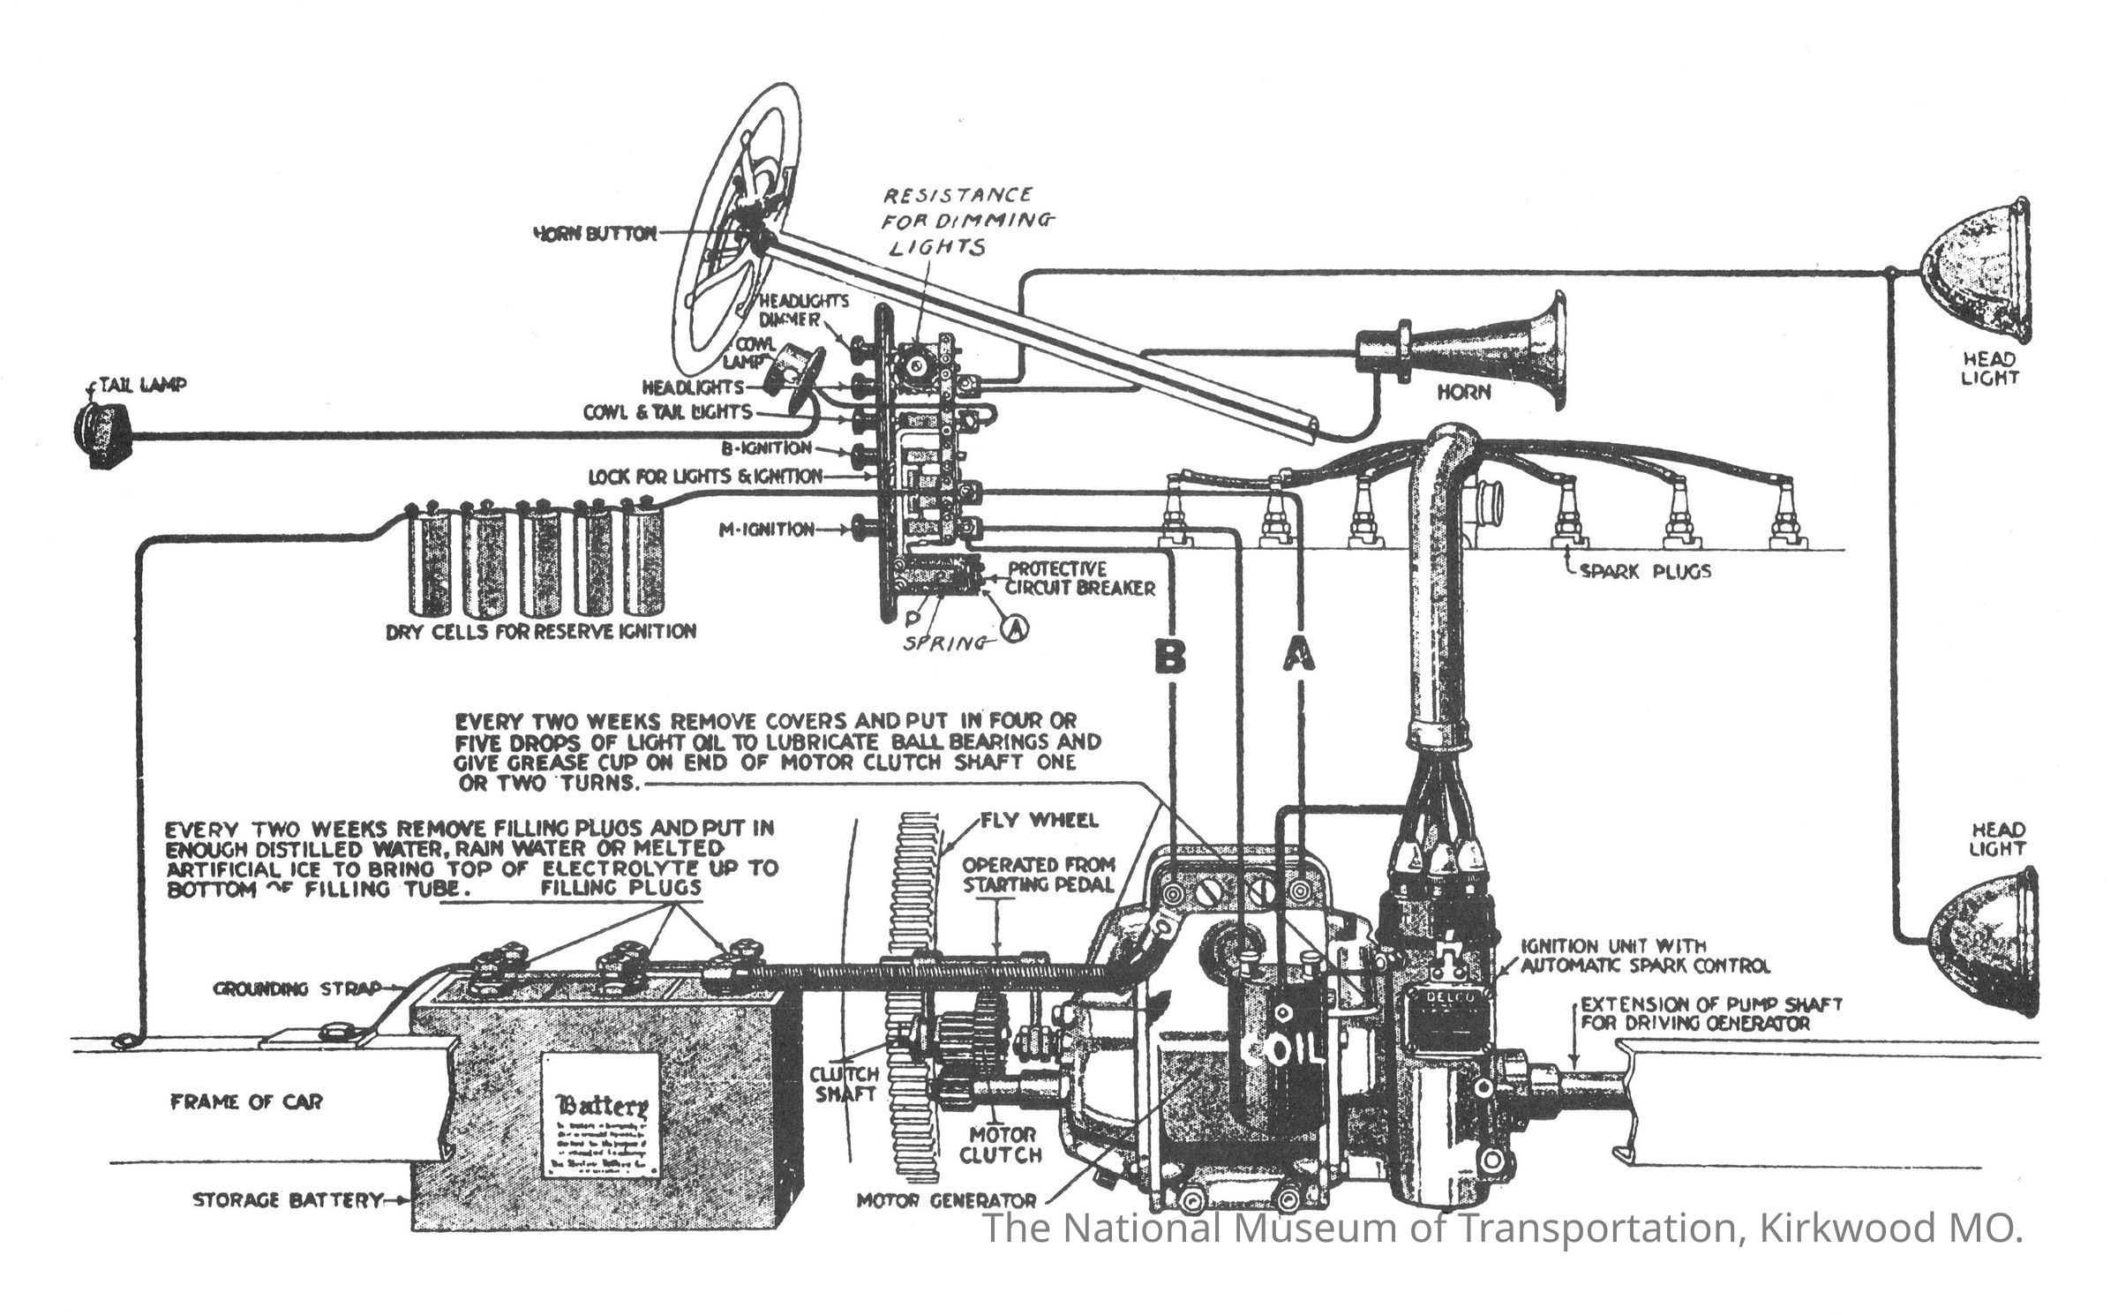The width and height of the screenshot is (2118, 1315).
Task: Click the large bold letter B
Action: pyautogui.click(x=1171, y=657)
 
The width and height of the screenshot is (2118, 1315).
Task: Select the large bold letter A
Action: pyautogui.click(x=1298, y=657)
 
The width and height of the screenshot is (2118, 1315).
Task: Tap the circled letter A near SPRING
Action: pyautogui.click(x=1016, y=627)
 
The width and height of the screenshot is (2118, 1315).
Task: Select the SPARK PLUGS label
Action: pyautogui.click(x=1644, y=572)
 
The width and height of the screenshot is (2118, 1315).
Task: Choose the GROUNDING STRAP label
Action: pyautogui.click(x=297, y=988)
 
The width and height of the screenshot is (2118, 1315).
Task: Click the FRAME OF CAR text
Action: pyautogui.click(x=246, y=1101)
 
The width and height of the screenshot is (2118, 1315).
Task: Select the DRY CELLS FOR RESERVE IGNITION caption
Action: pyautogui.click(x=541, y=631)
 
